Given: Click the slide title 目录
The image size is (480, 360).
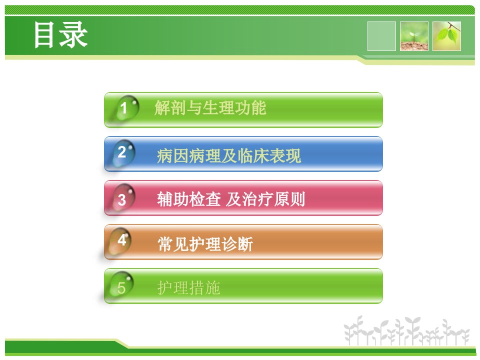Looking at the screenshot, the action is tap(60, 34).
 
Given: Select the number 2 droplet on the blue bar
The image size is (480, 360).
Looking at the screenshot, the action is tap(124, 153).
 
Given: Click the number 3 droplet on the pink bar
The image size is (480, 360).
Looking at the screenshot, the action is tap(124, 197).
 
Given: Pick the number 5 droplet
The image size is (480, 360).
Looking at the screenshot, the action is tap(122, 285).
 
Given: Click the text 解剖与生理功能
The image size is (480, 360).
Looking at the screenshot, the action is tap(210, 108).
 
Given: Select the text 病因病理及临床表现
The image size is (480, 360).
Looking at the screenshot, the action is tap(229, 156).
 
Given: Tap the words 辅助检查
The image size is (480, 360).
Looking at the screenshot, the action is tap(188, 199).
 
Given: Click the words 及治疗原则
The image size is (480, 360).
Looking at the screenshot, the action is tap(265, 199).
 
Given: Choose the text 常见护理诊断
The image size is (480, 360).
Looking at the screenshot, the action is tap(205, 244).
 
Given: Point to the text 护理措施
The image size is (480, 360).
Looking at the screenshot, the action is tap(188, 288).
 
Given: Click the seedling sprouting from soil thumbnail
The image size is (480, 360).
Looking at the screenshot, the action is tap(414, 36).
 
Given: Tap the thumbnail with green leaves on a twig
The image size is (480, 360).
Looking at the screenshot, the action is tap(446, 36).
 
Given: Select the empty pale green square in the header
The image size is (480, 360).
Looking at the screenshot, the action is tap(381, 36).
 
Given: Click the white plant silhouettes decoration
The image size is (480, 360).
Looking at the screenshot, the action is tap(406, 331).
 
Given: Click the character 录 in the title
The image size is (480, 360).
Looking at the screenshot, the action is tap(74, 34).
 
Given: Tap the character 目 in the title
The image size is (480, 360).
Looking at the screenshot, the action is tap(44, 34).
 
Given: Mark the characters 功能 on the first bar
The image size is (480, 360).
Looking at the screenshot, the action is tap(250, 108).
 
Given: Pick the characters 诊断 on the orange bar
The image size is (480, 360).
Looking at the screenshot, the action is tap(237, 244).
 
